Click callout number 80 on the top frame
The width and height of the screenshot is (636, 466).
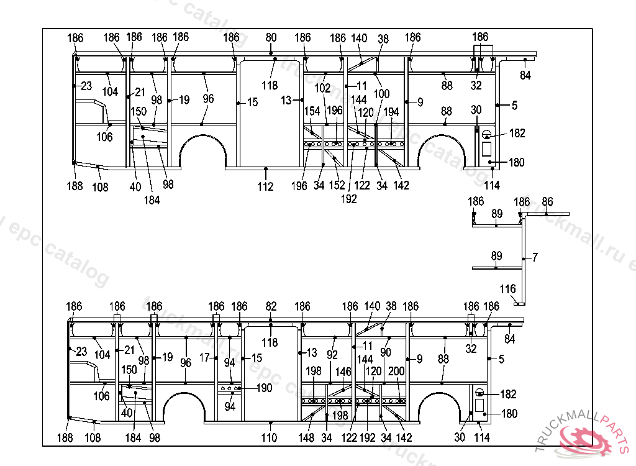pos(271,38)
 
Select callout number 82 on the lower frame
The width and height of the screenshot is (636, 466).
pos(271,306)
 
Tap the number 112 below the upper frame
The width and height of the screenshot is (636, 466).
pos(265,186)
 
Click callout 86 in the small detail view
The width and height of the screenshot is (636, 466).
pos(547,201)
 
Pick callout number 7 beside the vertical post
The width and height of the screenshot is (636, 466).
pos(535,257)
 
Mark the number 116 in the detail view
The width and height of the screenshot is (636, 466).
pos(507,289)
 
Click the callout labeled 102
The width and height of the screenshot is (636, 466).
pos(322,88)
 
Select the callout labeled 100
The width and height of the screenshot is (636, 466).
pos(381,94)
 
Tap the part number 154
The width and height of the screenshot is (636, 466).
pos(312,111)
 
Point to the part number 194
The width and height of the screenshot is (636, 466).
pos(391,112)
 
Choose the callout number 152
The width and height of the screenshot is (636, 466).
pos(337,186)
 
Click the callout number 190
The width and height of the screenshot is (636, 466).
pos(264,388)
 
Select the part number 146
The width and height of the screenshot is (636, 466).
pos(343,372)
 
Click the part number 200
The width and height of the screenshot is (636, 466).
pos(396,372)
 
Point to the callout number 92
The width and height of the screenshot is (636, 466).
pos(332,355)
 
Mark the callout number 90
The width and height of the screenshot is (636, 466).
pos(386,352)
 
